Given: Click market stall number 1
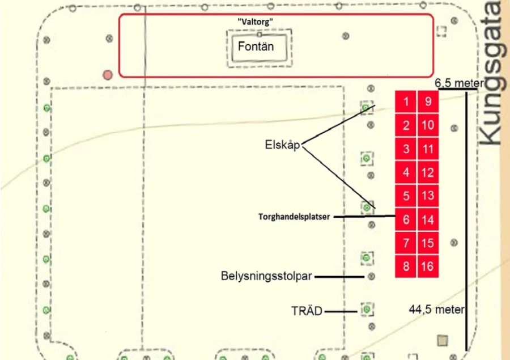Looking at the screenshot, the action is click(x=406, y=101).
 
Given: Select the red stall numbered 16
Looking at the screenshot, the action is click(x=428, y=266).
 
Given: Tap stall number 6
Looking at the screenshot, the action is click(x=406, y=219).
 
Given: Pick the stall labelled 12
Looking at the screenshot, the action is click(x=428, y=172).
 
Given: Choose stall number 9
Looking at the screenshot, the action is click(x=428, y=101).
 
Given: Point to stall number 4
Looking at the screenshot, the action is click(x=406, y=172).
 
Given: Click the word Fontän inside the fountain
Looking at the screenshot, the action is click(x=256, y=46).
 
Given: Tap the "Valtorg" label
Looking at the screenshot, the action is click(x=256, y=22).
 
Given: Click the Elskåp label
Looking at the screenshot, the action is click(x=282, y=145).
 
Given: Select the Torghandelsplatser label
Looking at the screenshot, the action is click(x=294, y=217).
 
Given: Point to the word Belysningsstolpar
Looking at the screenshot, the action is click(x=266, y=276).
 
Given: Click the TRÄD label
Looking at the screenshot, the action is click(x=307, y=311).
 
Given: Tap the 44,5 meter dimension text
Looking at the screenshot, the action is click(x=437, y=309).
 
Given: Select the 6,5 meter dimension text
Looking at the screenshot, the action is click(x=459, y=83).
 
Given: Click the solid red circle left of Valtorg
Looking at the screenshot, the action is click(x=108, y=75).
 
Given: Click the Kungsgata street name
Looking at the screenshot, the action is click(x=494, y=73).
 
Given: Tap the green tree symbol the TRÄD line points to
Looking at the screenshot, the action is click(x=367, y=309).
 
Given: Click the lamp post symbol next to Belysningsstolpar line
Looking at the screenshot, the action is click(x=371, y=276).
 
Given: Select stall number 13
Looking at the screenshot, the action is click(x=428, y=196).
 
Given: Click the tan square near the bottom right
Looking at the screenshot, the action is click(x=443, y=341).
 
